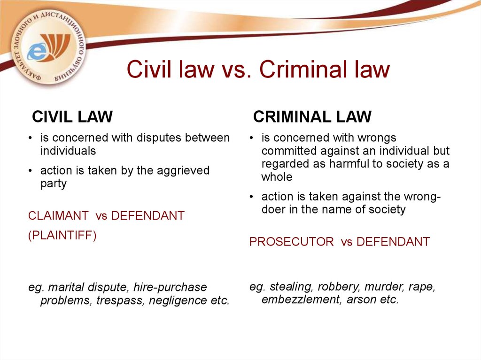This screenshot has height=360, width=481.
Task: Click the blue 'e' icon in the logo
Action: click(x=37, y=51)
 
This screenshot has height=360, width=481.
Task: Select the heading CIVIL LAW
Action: click(x=72, y=117)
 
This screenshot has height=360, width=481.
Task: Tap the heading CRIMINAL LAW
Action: click(x=312, y=117)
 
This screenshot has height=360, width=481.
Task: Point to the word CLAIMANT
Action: click(x=58, y=215)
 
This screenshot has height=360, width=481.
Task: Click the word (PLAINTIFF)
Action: click(x=62, y=235)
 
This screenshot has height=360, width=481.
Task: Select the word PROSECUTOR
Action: click(x=291, y=242)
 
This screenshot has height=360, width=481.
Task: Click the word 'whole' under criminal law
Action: click(x=277, y=177)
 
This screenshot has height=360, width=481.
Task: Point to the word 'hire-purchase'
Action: click(x=170, y=287)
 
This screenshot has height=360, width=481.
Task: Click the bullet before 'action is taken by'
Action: click(x=30, y=170)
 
